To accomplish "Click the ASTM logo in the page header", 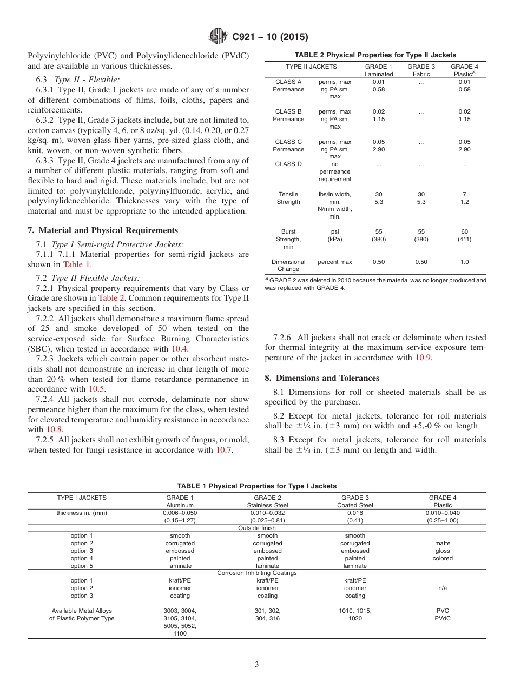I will click(219, 37).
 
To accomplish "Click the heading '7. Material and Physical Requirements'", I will click(103, 230).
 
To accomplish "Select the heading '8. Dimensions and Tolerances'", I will click(322, 378).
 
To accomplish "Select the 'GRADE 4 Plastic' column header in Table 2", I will click(464, 70).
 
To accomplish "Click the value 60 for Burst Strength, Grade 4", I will click(464, 231).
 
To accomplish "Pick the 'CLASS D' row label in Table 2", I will click(288, 164).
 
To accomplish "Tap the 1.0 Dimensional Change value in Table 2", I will click(464, 262).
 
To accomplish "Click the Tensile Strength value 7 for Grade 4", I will click(464, 194).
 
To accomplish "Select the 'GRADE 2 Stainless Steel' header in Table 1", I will click(267, 501).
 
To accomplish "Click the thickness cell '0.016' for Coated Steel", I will click(355, 513).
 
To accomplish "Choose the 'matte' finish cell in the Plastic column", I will click(443, 543).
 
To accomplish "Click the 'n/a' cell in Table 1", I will click(443, 588).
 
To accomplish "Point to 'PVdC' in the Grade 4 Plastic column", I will click(443, 618).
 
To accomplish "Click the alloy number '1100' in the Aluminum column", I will click(180, 633).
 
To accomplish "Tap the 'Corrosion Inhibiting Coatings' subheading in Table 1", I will click(257, 573).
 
